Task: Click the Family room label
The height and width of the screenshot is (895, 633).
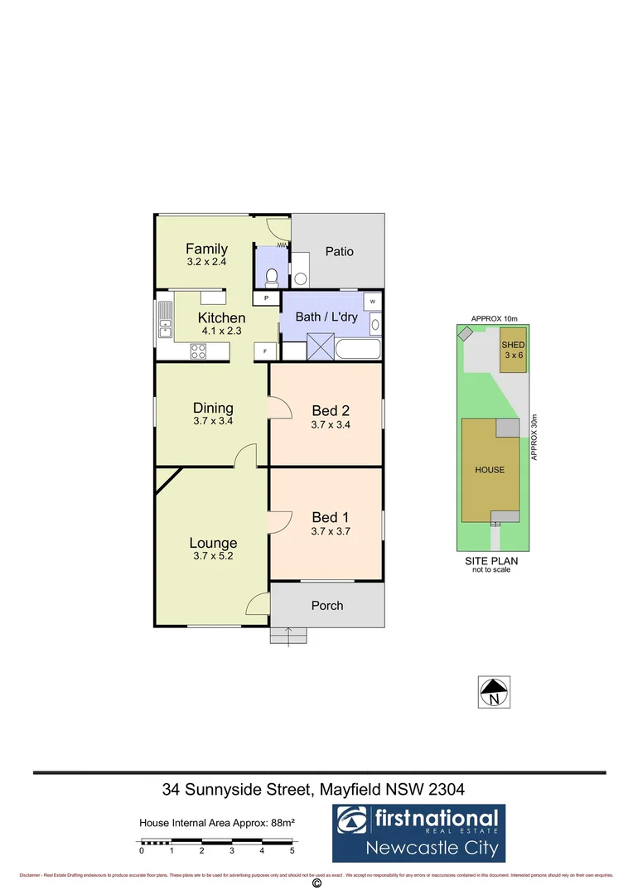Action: (206, 249)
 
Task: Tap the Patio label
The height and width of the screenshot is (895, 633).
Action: (339, 251)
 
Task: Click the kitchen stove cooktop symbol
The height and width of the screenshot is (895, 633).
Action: (199, 351)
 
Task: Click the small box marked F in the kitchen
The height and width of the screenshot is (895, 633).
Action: (265, 351)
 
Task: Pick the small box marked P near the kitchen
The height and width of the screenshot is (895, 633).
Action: (266, 298)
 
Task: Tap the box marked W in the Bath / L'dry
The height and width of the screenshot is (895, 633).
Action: (373, 301)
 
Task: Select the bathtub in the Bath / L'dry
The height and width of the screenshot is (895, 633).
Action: (358, 349)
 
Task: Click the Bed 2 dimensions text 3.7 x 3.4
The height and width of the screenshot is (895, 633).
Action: (331, 425)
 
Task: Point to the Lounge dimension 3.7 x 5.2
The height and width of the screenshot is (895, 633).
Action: (214, 557)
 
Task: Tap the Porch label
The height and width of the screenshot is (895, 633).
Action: (327, 606)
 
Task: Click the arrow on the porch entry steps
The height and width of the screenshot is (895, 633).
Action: (288, 636)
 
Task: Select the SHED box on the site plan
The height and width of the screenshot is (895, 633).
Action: (513, 350)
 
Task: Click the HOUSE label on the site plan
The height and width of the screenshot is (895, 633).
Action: (490, 470)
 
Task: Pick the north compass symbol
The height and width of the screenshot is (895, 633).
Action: (495, 691)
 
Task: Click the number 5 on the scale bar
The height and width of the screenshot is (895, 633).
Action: (292, 850)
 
